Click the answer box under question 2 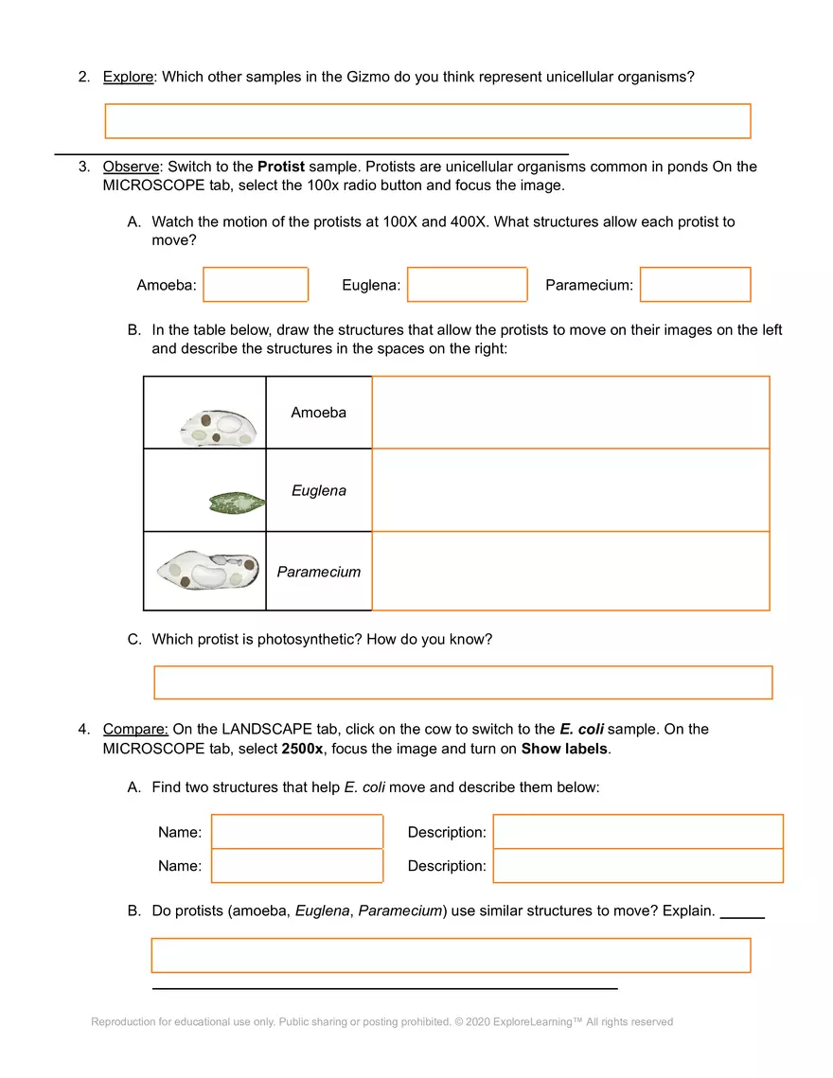[x=427, y=121]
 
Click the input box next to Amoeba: [x=256, y=285]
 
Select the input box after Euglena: [x=467, y=285]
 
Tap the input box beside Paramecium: [x=695, y=285]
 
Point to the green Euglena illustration [x=236, y=503]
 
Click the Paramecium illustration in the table [x=208, y=571]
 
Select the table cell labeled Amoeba [x=318, y=413]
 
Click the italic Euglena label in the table [x=318, y=490]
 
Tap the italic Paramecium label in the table [x=318, y=572]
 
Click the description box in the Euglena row [x=570, y=490]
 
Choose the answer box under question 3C [x=463, y=682]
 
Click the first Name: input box [x=297, y=832]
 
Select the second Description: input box [x=638, y=866]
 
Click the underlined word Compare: [x=135, y=730]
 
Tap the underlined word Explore [x=128, y=77]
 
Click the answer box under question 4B [x=451, y=955]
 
